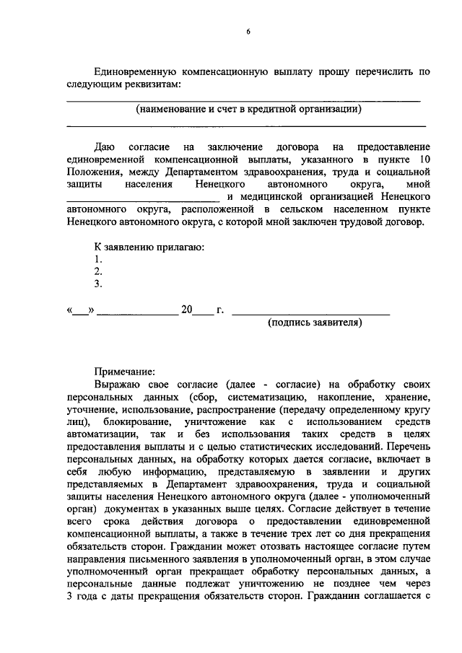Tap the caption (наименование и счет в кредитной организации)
point(248,110)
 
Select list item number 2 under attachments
point(98,271)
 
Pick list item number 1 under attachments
point(98,259)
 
